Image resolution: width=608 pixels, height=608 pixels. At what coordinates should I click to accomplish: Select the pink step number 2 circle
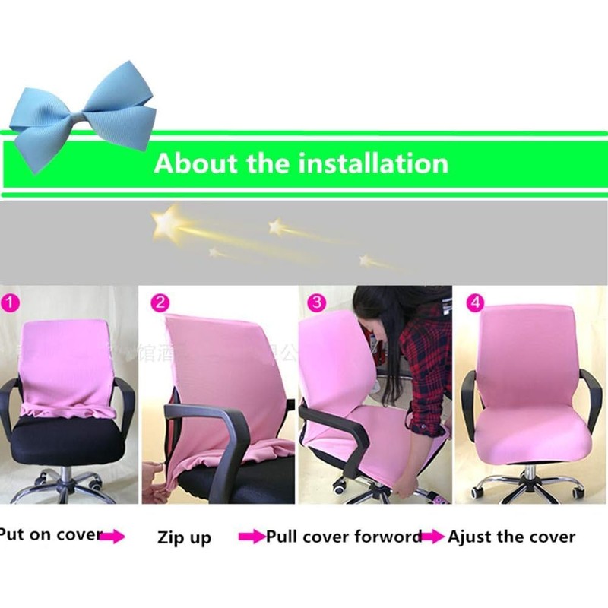click(x=159, y=302)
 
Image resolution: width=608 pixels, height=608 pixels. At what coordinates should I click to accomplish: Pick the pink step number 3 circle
click(x=315, y=302)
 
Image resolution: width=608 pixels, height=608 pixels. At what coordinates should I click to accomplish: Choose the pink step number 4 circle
click(x=475, y=302)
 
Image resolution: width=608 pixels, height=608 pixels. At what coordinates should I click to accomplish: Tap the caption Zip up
click(x=184, y=538)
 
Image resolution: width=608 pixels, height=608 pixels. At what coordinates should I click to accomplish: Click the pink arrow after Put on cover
click(x=112, y=537)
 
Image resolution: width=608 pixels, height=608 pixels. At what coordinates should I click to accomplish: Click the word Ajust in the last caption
click(x=469, y=537)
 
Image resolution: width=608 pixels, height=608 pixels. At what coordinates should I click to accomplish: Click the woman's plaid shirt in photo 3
click(x=426, y=357)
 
